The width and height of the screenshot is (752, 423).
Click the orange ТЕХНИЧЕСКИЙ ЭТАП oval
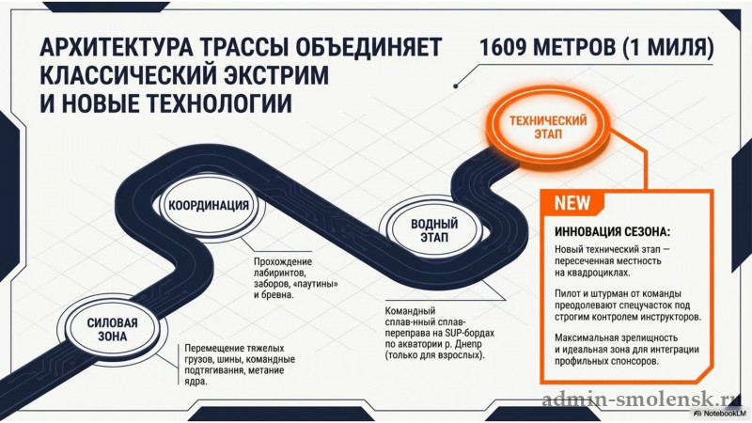click(x=548, y=127)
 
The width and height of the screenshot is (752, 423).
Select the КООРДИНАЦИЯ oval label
click(x=209, y=205)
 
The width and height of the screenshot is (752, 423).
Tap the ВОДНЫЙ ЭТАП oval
click(x=434, y=229)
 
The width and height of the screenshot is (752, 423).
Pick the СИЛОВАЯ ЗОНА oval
click(x=112, y=329)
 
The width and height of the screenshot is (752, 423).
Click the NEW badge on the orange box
click(x=572, y=203)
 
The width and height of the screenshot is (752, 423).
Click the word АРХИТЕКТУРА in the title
click(x=116, y=48)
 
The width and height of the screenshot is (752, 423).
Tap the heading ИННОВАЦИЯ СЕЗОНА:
click(x=612, y=231)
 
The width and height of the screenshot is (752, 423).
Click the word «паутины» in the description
click(x=317, y=284)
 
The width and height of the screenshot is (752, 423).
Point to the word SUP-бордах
click(x=469, y=333)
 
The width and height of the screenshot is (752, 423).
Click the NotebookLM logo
click(x=720, y=413)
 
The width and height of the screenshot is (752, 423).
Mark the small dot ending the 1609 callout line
click(x=456, y=86)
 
